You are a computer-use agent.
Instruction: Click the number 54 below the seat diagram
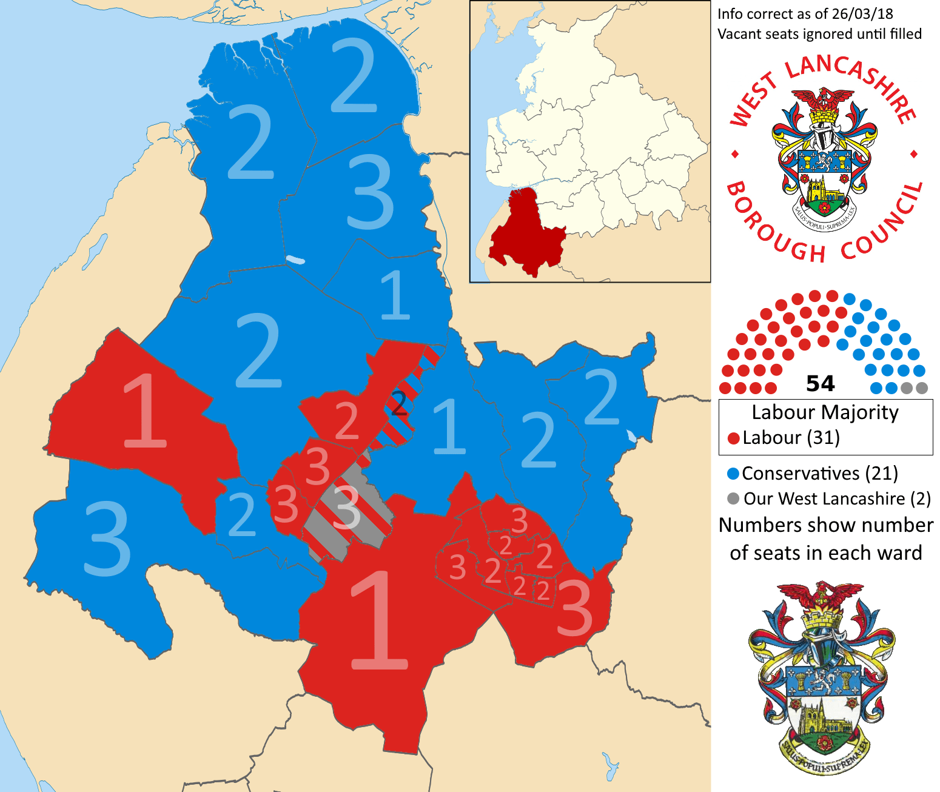coord(820,384)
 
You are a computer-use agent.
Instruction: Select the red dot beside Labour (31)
coord(733,438)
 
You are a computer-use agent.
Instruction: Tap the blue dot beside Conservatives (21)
coord(733,474)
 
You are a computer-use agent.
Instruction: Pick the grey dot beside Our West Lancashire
coord(733,498)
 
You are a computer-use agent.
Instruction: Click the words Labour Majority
coord(825,412)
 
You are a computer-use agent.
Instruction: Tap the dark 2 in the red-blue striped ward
coord(398,403)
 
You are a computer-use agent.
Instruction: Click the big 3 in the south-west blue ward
coord(107,540)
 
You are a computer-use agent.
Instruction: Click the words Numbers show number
coord(825,525)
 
